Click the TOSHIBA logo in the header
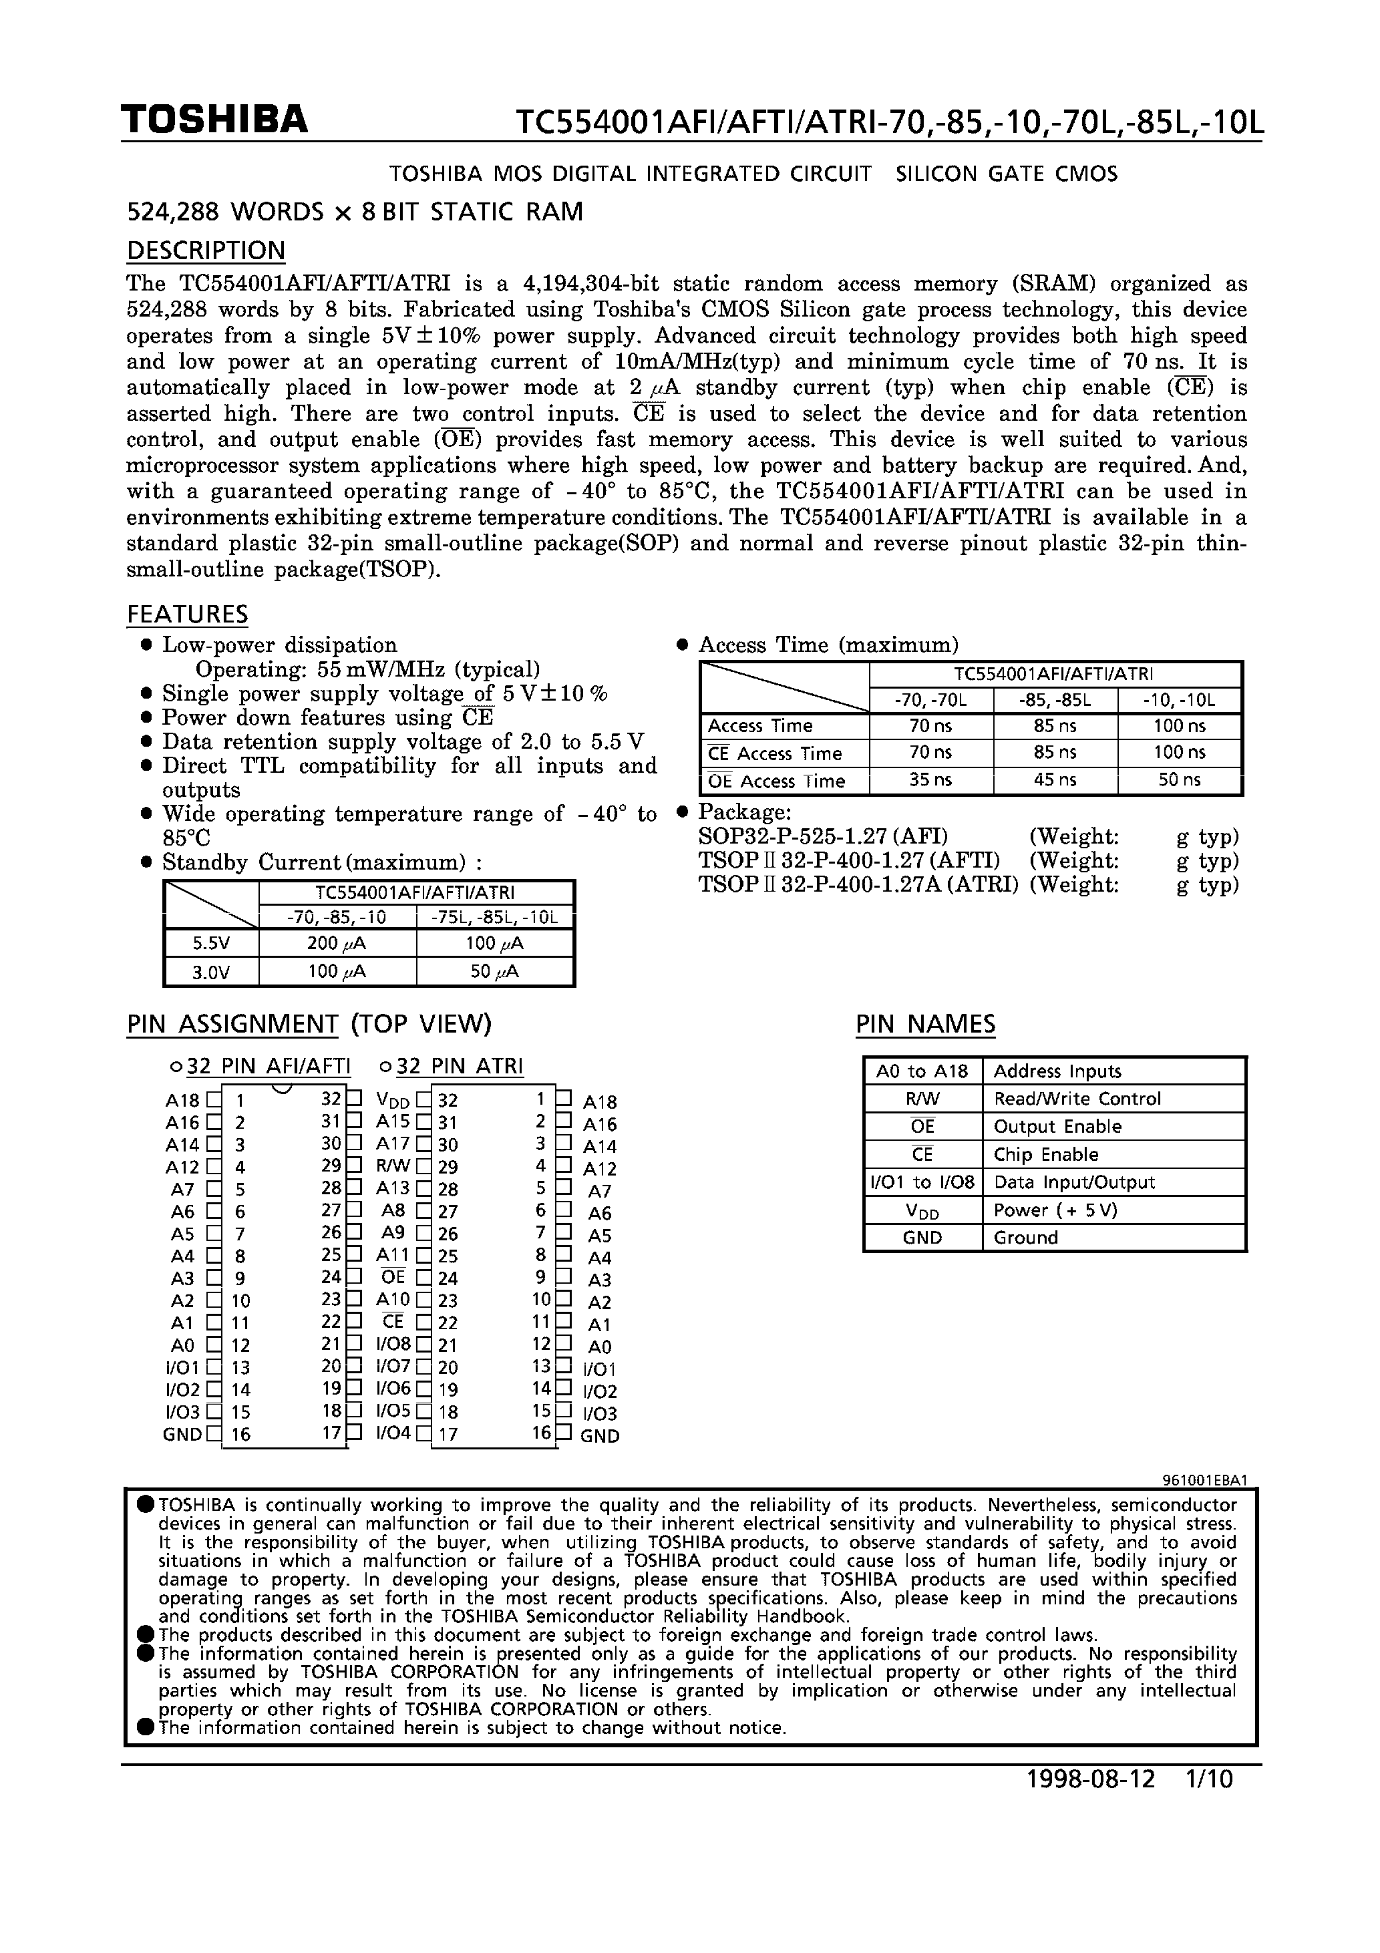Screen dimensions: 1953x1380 pyautogui.click(x=214, y=120)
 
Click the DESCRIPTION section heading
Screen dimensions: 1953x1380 pyautogui.click(x=206, y=251)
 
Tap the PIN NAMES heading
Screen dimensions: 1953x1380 pyautogui.click(x=925, y=1023)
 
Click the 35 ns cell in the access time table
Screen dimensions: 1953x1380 pyautogui.click(x=930, y=780)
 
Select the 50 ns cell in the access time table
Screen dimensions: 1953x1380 pyautogui.click(x=1179, y=780)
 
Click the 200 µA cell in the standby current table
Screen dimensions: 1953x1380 pyautogui.click(x=337, y=943)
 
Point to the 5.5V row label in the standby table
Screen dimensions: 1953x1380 pyautogui.click(x=211, y=943)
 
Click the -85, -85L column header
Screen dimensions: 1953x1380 pyautogui.click(x=1055, y=701)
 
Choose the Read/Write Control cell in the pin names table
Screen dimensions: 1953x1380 pyautogui.click(x=1076, y=1099)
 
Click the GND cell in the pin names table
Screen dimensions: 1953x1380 pyautogui.click(x=922, y=1238)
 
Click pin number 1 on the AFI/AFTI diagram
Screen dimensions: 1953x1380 pyautogui.click(x=240, y=1101)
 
